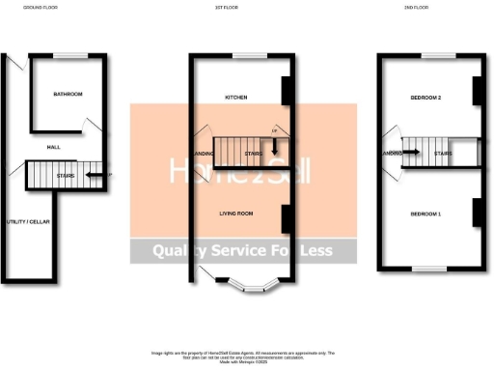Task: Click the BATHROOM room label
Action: tap(68, 95)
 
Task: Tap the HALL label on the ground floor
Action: tap(54, 147)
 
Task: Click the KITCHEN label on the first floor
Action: tap(237, 98)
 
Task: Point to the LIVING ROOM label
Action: tap(237, 213)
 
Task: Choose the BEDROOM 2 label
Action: tap(425, 99)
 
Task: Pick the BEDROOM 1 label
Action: tap(425, 213)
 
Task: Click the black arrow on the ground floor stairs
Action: tap(95, 176)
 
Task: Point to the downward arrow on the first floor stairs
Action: tap(275, 148)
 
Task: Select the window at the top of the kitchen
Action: tap(242, 54)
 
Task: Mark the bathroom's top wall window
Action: tap(68, 54)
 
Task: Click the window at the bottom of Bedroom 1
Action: tap(427, 270)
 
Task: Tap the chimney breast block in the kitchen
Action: tap(286, 90)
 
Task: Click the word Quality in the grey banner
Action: tap(178, 251)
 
